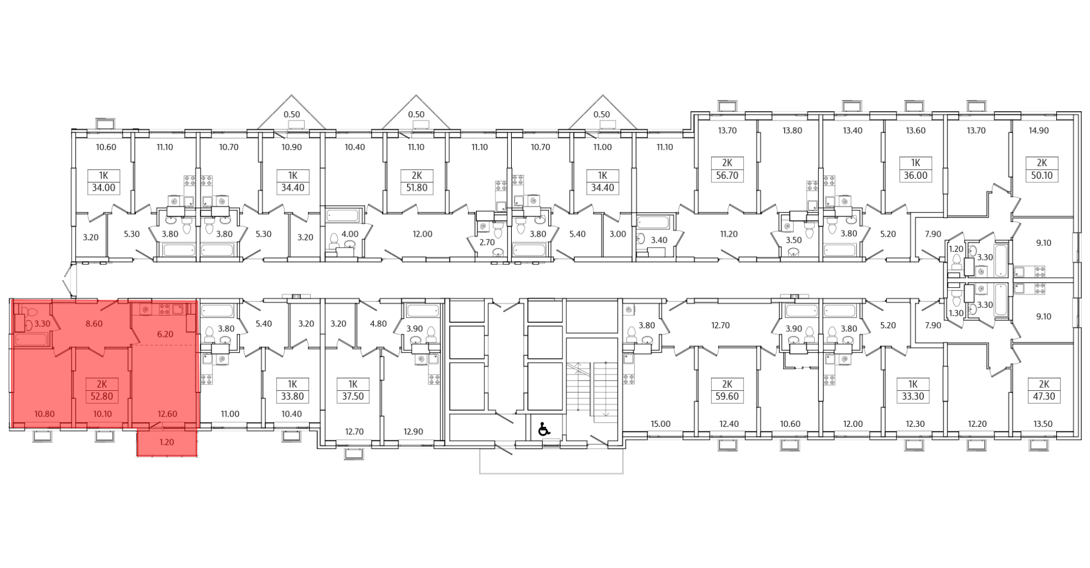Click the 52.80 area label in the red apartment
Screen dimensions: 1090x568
tap(102, 397)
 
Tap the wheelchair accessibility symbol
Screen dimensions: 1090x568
tap(543, 430)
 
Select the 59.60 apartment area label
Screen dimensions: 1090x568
tap(727, 397)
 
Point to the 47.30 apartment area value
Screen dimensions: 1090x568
tap(1044, 397)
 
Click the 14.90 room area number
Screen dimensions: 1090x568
tap(1038, 131)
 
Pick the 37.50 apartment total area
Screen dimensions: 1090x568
tap(353, 397)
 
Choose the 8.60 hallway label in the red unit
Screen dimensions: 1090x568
tap(94, 324)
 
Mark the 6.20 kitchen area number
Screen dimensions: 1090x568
tap(165, 334)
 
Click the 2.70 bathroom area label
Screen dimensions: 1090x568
tap(486, 242)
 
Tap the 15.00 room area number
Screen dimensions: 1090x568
tap(661, 424)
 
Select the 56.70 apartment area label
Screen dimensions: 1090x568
tap(727, 176)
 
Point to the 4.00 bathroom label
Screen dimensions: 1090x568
tap(350, 234)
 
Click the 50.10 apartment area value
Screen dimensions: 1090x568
tap(1042, 176)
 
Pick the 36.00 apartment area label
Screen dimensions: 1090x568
tap(915, 176)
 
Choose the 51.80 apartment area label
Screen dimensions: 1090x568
tap(416, 188)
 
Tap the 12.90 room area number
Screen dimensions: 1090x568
tap(414, 432)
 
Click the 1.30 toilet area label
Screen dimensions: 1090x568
tap(956, 313)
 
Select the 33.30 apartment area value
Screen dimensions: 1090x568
tap(913, 397)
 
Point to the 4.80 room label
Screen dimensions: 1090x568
tap(378, 324)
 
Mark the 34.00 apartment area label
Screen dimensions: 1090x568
tap(104, 188)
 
